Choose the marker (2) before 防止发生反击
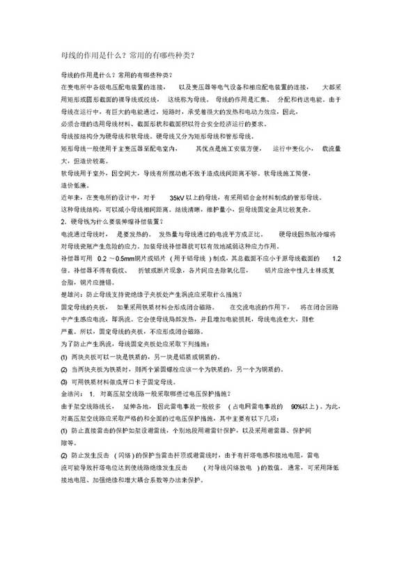coord(64,456)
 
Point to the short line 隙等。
coord(70,442)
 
